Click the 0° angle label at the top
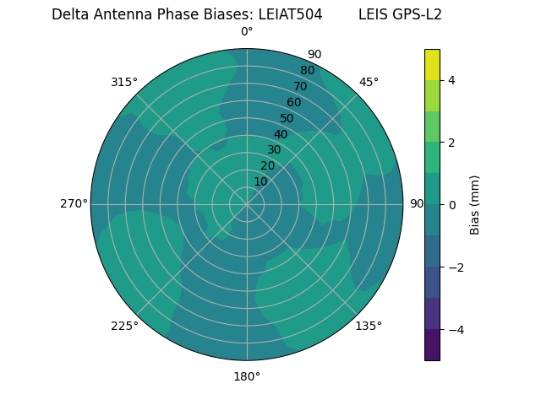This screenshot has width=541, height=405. pyautogui.click(x=247, y=32)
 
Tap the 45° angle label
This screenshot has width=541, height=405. pyautogui.click(x=369, y=82)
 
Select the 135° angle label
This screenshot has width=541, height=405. pyautogui.click(x=369, y=326)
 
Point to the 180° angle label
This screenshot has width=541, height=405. pyautogui.click(x=247, y=376)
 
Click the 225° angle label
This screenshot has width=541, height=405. pyautogui.click(x=124, y=326)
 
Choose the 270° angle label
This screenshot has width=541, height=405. pyautogui.click(x=74, y=203)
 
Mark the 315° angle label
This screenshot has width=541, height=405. pyautogui.click(x=124, y=82)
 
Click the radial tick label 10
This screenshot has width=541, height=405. pyautogui.click(x=260, y=181)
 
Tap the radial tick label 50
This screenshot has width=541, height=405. pyautogui.click(x=287, y=118)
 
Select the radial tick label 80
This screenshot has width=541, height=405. pyautogui.click(x=307, y=70)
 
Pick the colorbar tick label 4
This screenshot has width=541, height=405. pyautogui.click(x=451, y=80)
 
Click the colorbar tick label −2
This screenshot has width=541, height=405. pyautogui.click(x=451, y=267)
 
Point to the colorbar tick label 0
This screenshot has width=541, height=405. pyautogui.click(x=451, y=204)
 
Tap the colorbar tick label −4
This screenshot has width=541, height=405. pyautogui.click(x=451, y=329)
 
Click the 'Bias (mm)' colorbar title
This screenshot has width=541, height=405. pyautogui.click(x=475, y=204)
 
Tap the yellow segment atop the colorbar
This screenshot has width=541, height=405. pyautogui.click(x=432, y=64)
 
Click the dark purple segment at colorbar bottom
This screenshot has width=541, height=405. pyautogui.click(x=432, y=345)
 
